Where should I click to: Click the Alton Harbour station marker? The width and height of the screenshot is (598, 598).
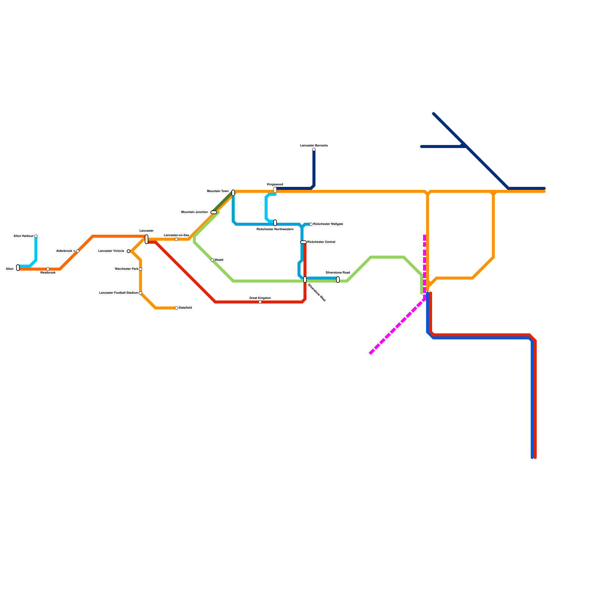point(36,236)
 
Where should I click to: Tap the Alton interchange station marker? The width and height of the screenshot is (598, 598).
point(18,268)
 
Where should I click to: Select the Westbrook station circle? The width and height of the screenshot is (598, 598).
point(48,269)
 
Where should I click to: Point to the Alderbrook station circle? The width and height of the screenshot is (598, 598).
point(78,251)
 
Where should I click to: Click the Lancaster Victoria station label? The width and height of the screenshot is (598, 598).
point(111,251)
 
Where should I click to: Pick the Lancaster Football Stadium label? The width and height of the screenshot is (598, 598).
point(118,293)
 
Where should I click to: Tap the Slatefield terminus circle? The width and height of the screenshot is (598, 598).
point(176,308)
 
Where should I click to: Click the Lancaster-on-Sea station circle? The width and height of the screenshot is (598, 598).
point(176,239)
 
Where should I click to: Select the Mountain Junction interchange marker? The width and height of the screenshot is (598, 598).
point(214,212)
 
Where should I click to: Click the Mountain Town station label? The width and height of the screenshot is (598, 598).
point(218,191)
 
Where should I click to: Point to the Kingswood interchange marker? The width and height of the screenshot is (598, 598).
point(275,190)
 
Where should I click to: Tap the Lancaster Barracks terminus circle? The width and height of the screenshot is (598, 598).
point(314,149)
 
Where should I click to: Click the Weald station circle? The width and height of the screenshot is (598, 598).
point(212,260)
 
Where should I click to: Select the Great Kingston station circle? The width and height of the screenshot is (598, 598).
point(260,302)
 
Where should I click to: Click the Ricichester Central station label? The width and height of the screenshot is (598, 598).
point(321,242)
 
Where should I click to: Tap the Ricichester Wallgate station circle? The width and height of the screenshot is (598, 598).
point(311,224)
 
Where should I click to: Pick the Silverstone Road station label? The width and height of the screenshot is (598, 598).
point(337,273)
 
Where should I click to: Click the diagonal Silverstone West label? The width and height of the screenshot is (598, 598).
point(317,293)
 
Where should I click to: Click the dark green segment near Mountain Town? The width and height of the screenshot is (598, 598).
point(222,202)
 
